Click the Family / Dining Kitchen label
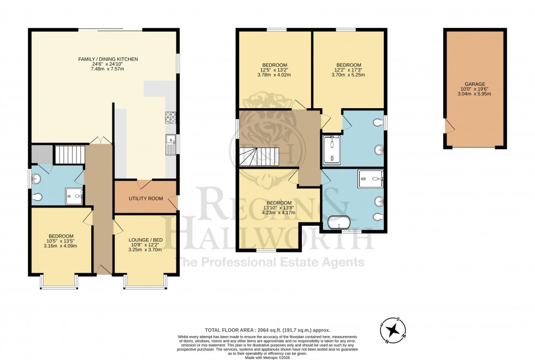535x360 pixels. coord(104,58)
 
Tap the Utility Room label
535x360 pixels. coord(146,198)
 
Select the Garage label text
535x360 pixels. coord(474,84)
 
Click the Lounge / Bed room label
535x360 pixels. coord(146,240)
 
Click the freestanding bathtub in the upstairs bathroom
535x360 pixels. coord(338,223)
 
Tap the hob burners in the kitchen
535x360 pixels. coord(170,117)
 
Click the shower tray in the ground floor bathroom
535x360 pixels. coord(74,196)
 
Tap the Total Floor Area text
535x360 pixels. coord(267,330)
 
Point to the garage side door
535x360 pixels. coord(448,126)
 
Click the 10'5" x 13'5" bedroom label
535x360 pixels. coord(61,241)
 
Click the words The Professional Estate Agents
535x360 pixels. coord(272,262)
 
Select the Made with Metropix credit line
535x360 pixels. coord(267,356)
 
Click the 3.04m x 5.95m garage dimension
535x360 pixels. coord(474,94)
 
